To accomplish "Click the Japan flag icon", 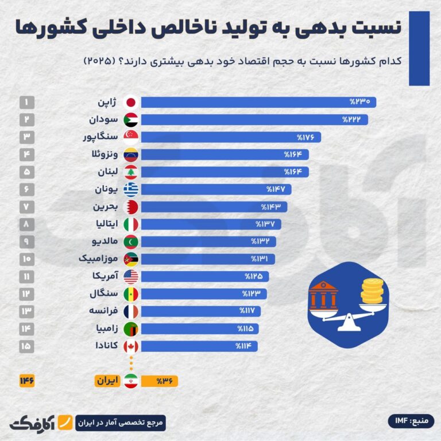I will pyautogui.click(x=130, y=102).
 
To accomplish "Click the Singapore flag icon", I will pyautogui.click(x=130, y=137).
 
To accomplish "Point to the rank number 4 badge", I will pyautogui.click(x=27, y=154).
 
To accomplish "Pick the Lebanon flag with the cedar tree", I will pyautogui.click(x=130, y=172).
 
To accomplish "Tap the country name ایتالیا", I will pyautogui.click(x=105, y=224).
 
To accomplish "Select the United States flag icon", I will pyautogui.click(x=130, y=276).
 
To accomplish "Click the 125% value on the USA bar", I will pyautogui.click(x=254, y=276).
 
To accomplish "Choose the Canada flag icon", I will pyautogui.click(x=130, y=346).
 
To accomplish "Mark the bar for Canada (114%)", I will pyautogui.click(x=199, y=346).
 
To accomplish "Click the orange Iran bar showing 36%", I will pyautogui.click(x=159, y=381).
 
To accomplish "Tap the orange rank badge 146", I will pyautogui.click(x=27, y=381).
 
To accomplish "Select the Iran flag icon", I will pyautogui.click(x=130, y=381).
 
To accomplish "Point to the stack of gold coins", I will pyautogui.click(x=372, y=291).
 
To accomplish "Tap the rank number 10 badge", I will pyautogui.click(x=27, y=258).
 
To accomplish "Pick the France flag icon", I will pyautogui.click(x=130, y=311).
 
